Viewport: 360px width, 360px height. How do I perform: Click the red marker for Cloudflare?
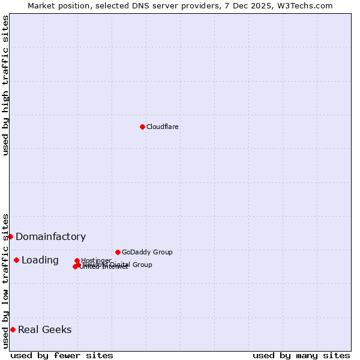(x=142, y=127)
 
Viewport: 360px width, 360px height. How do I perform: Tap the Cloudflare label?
(x=163, y=127)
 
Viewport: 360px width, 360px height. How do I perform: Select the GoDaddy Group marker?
(x=118, y=252)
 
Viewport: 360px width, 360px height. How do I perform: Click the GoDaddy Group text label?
(x=147, y=252)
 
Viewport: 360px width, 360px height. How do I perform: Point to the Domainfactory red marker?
(x=10, y=236)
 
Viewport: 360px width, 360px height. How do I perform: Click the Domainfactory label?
(x=50, y=236)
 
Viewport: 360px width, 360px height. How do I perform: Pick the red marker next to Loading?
(x=16, y=260)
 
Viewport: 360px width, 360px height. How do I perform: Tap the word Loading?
(x=40, y=260)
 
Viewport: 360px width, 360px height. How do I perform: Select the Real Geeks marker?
(x=13, y=329)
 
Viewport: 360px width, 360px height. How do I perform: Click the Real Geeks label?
(x=44, y=329)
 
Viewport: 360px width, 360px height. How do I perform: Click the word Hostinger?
(x=96, y=260)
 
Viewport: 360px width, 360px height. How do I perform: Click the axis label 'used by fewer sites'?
(x=62, y=355)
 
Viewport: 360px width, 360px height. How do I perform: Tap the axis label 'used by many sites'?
(x=301, y=355)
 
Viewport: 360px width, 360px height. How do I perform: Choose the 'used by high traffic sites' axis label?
(x=5, y=85)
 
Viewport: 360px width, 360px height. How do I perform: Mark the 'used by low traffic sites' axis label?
(x=5, y=280)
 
